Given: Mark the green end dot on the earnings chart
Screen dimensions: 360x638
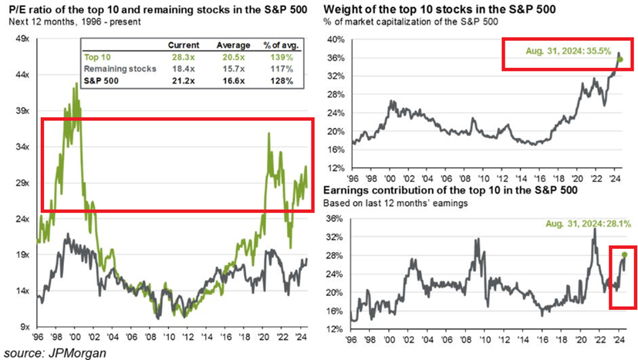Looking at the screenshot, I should (624, 254).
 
